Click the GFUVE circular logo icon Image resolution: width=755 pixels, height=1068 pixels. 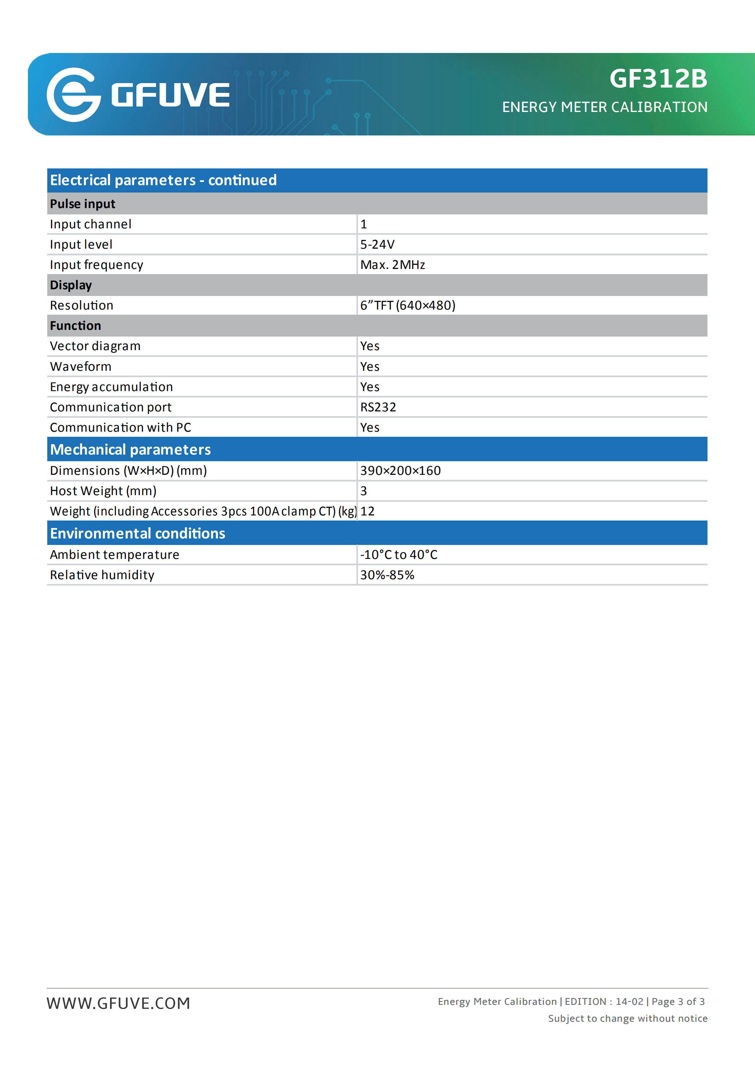(x=74, y=95)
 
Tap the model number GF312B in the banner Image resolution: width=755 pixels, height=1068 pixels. (x=658, y=79)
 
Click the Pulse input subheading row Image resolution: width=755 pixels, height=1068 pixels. (x=83, y=204)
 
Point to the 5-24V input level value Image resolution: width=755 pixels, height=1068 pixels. (x=377, y=244)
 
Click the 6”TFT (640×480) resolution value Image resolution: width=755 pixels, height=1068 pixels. (x=408, y=305)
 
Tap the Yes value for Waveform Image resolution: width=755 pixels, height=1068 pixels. (x=370, y=367)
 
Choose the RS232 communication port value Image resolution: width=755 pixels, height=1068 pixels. (x=378, y=407)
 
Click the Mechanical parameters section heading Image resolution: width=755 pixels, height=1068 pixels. (x=130, y=449)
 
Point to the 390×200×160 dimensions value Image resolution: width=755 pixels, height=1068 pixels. (x=400, y=471)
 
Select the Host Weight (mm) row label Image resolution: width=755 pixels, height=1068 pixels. (x=103, y=491)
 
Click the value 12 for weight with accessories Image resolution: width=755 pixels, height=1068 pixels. (x=367, y=511)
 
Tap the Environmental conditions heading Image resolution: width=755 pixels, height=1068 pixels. (x=137, y=533)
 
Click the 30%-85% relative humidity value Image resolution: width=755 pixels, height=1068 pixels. (x=387, y=575)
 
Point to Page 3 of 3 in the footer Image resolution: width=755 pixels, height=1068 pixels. (x=678, y=1001)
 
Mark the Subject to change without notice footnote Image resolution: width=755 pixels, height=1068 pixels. (x=627, y=1018)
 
